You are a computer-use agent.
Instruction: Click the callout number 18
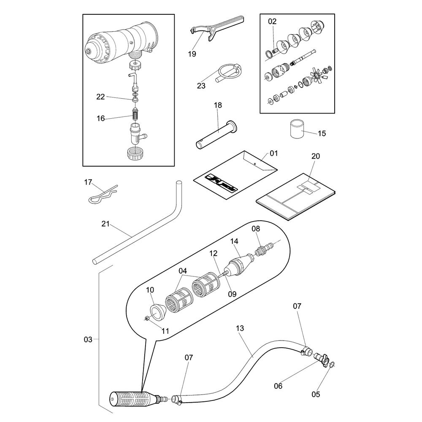coord(218,105)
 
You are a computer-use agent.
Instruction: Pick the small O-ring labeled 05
coord(332,365)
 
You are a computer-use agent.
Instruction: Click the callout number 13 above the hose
coord(240,328)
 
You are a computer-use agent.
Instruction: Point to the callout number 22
coord(100,97)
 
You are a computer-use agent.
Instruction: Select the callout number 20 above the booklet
coord(316,156)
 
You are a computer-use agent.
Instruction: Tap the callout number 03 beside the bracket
coord(87,339)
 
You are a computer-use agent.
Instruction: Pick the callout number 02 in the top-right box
coord(272,21)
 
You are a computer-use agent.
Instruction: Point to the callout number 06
coord(278,385)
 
